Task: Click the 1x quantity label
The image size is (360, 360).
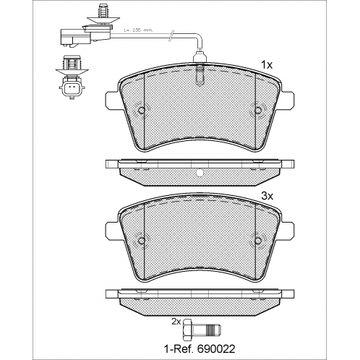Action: tap(267, 65)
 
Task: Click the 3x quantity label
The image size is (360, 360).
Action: tap(267, 197)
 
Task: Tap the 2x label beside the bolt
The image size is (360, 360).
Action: tap(176, 321)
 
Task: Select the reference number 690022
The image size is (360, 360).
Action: tap(216, 349)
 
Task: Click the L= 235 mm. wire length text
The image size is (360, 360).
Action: tap(139, 30)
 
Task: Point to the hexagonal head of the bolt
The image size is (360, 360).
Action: tap(188, 330)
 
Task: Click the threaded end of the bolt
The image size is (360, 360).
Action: tap(215, 330)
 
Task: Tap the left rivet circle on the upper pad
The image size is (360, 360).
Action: tap(142, 110)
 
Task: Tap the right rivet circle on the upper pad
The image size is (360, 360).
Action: tap(258, 110)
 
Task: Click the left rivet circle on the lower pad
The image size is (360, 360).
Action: tap(142, 241)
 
